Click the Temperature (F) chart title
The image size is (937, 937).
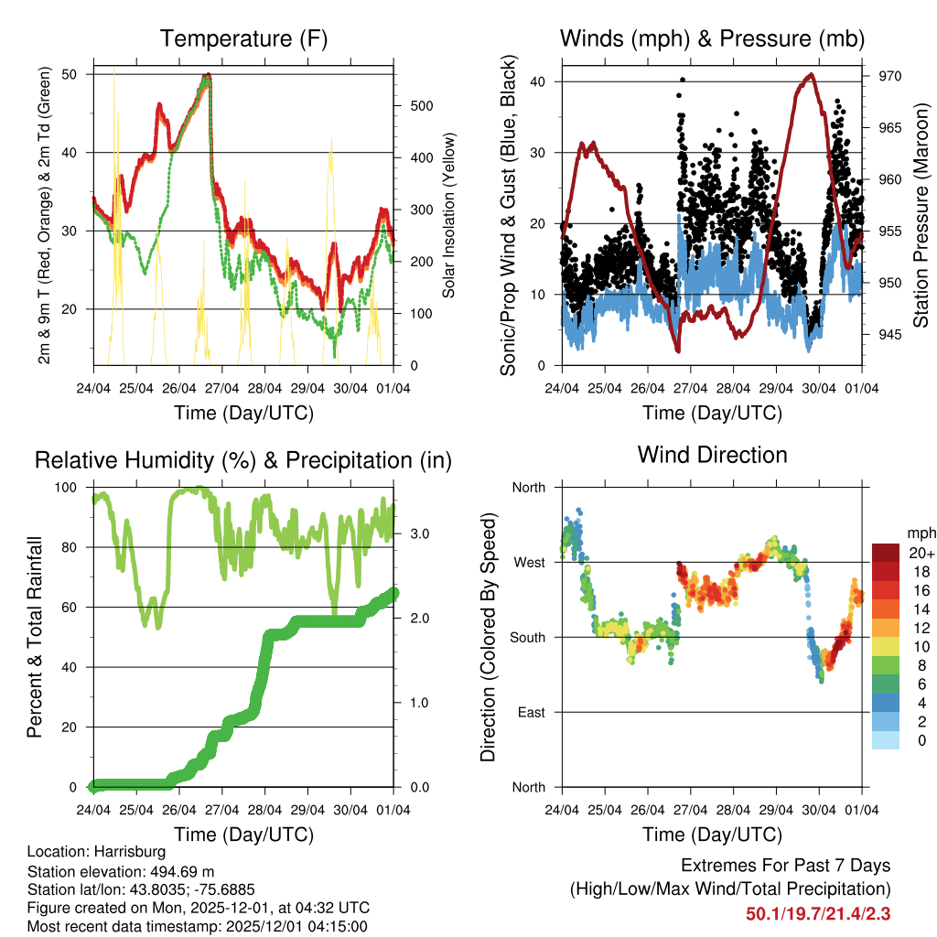pyautogui.click(x=242, y=38)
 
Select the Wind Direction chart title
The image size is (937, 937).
pyautogui.click(x=712, y=454)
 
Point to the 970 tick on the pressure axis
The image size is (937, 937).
pyautogui.click(x=890, y=76)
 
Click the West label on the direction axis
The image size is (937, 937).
pyautogui.click(x=529, y=562)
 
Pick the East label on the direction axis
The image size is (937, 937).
pyautogui.click(x=530, y=712)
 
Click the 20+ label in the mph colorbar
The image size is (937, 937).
pyautogui.click(x=921, y=553)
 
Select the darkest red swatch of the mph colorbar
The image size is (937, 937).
pyautogui.click(x=885, y=553)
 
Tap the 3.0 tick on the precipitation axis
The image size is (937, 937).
pyautogui.click(x=419, y=533)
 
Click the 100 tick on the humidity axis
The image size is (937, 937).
pyautogui.click(x=70, y=487)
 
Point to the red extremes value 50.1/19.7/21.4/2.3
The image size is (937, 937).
pyautogui.click(x=818, y=913)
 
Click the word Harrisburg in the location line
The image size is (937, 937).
pyautogui.click(x=128, y=851)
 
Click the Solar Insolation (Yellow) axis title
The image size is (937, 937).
pyautogui.click(x=449, y=216)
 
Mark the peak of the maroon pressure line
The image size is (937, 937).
pyautogui.click(x=810, y=75)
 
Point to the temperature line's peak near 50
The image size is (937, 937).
pyautogui.click(x=209, y=75)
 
